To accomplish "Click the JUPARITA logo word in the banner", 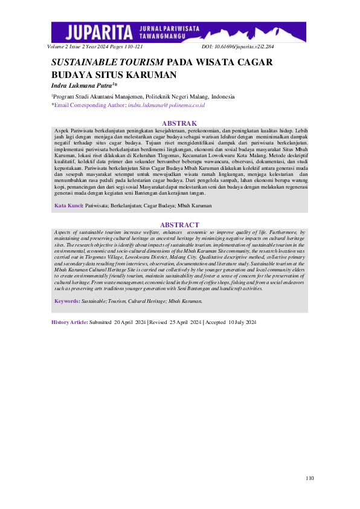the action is pyautogui.click(x=101, y=31).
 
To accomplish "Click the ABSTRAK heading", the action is pyautogui.click(x=179, y=123).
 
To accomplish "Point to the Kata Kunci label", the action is pyautogui.click(x=68, y=206).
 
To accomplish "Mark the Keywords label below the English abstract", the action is pyautogui.click(x=67, y=300).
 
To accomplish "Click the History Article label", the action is pyautogui.click(x=69, y=323).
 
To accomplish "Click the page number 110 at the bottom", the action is pyautogui.click(x=309, y=478).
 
